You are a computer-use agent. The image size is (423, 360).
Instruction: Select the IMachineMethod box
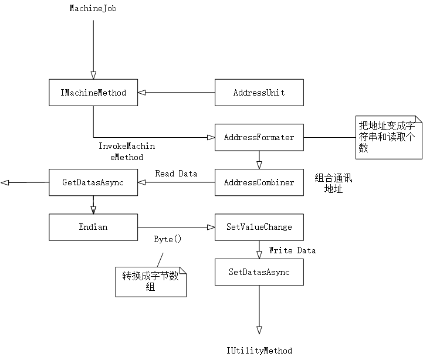point(93,93)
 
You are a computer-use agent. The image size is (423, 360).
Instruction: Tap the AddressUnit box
point(259,93)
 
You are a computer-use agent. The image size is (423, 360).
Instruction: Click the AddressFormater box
point(259,137)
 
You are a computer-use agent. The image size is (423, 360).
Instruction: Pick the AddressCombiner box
point(259,182)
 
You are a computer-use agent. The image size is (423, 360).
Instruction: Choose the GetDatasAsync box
point(93,182)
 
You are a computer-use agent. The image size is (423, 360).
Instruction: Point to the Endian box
point(93,227)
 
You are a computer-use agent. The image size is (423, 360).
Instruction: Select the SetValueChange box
point(259,227)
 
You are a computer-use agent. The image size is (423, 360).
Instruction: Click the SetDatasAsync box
point(259,272)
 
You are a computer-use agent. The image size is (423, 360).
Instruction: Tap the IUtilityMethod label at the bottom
point(259,351)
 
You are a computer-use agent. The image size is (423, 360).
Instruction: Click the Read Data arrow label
point(176,174)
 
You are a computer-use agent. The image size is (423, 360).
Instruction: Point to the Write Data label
point(292,250)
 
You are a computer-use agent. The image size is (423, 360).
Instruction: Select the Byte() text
point(168,239)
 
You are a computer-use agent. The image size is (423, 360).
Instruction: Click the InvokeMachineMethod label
point(127,151)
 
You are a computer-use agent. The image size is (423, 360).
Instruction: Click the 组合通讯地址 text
point(333,182)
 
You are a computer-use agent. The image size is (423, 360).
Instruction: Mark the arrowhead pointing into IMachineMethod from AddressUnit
point(142,93)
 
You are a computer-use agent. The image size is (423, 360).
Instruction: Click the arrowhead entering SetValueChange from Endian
point(211,227)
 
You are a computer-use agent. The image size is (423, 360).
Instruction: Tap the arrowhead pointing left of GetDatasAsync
point(5,183)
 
